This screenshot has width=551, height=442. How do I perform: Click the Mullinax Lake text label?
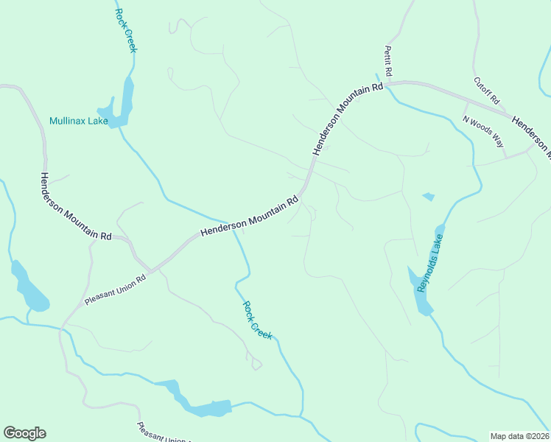[x=79, y=121]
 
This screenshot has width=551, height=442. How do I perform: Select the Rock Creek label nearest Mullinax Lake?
[x=126, y=30]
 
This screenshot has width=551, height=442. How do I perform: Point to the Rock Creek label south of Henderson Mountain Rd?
[x=257, y=320]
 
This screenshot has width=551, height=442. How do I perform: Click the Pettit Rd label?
[x=388, y=62]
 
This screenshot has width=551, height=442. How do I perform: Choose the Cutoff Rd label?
[x=487, y=91]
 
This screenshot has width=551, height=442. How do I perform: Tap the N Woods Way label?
[x=483, y=131]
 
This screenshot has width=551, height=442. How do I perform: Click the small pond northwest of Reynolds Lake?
[x=428, y=197]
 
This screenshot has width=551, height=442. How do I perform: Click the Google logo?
[x=24, y=432]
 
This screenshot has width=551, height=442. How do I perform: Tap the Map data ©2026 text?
[x=519, y=436]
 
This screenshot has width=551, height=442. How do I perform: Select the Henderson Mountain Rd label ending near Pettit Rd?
[x=348, y=118]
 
